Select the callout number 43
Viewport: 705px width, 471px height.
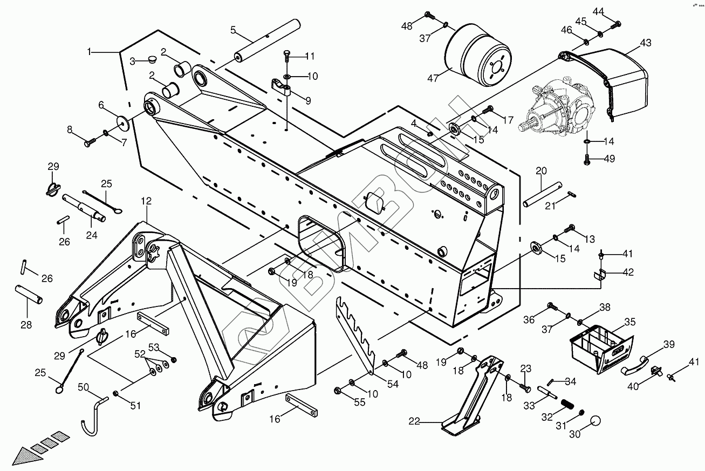pyautogui.click(x=646, y=43)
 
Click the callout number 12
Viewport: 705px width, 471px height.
pyautogui.click(x=146, y=201)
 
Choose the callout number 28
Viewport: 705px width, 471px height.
pyautogui.click(x=26, y=325)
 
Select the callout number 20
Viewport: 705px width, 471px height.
pyautogui.click(x=542, y=171)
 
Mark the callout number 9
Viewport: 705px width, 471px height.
pyautogui.click(x=307, y=100)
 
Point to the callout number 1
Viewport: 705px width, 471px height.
pyautogui.click(x=90, y=52)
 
